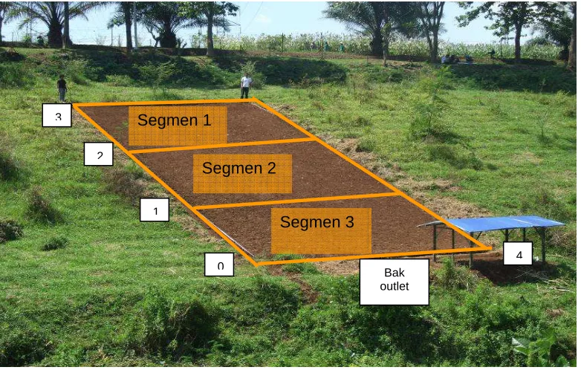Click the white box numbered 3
click(56, 115)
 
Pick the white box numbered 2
click(99, 154)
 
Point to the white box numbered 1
click(155, 210)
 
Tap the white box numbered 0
click(219, 264)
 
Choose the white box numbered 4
click(518, 253)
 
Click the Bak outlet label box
click(395, 282)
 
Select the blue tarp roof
click(493, 224)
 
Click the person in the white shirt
click(246, 86)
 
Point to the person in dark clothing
click(62, 88)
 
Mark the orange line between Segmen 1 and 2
click(222, 145)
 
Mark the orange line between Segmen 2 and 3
click(297, 201)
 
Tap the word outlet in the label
click(395, 286)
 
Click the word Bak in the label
click(395, 273)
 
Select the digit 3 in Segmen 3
click(349, 222)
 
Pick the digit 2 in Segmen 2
click(272, 168)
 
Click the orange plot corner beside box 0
click(257, 264)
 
